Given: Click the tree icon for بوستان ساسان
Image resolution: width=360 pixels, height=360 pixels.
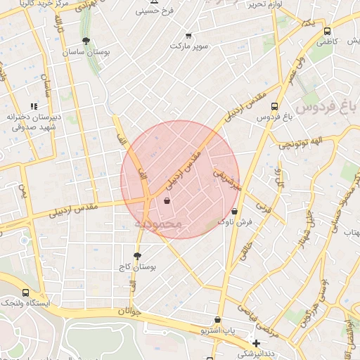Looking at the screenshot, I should pyautogui.click(x=86, y=41).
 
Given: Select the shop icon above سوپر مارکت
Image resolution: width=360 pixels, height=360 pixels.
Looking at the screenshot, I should pyautogui.click(x=188, y=35).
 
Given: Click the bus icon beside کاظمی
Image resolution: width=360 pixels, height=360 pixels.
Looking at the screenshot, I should pyautogui.click(x=326, y=31).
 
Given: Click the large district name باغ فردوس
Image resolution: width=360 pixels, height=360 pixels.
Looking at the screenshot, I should pyautogui.click(x=326, y=108).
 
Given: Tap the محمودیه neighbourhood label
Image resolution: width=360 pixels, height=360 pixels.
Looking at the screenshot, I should pyautogui.click(x=157, y=224).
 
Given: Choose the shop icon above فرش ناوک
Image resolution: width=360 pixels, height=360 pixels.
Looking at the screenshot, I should pyautogui.click(x=234, y=211).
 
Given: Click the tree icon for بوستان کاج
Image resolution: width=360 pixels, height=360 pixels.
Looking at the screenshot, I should pyautogui.click(x=137, y=256).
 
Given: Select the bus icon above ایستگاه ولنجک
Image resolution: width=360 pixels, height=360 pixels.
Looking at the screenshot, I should pyautogui.click(x=26, y=292).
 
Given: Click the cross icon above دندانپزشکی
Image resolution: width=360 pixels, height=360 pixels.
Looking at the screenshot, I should pyautogui.click(x=256, y=343).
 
